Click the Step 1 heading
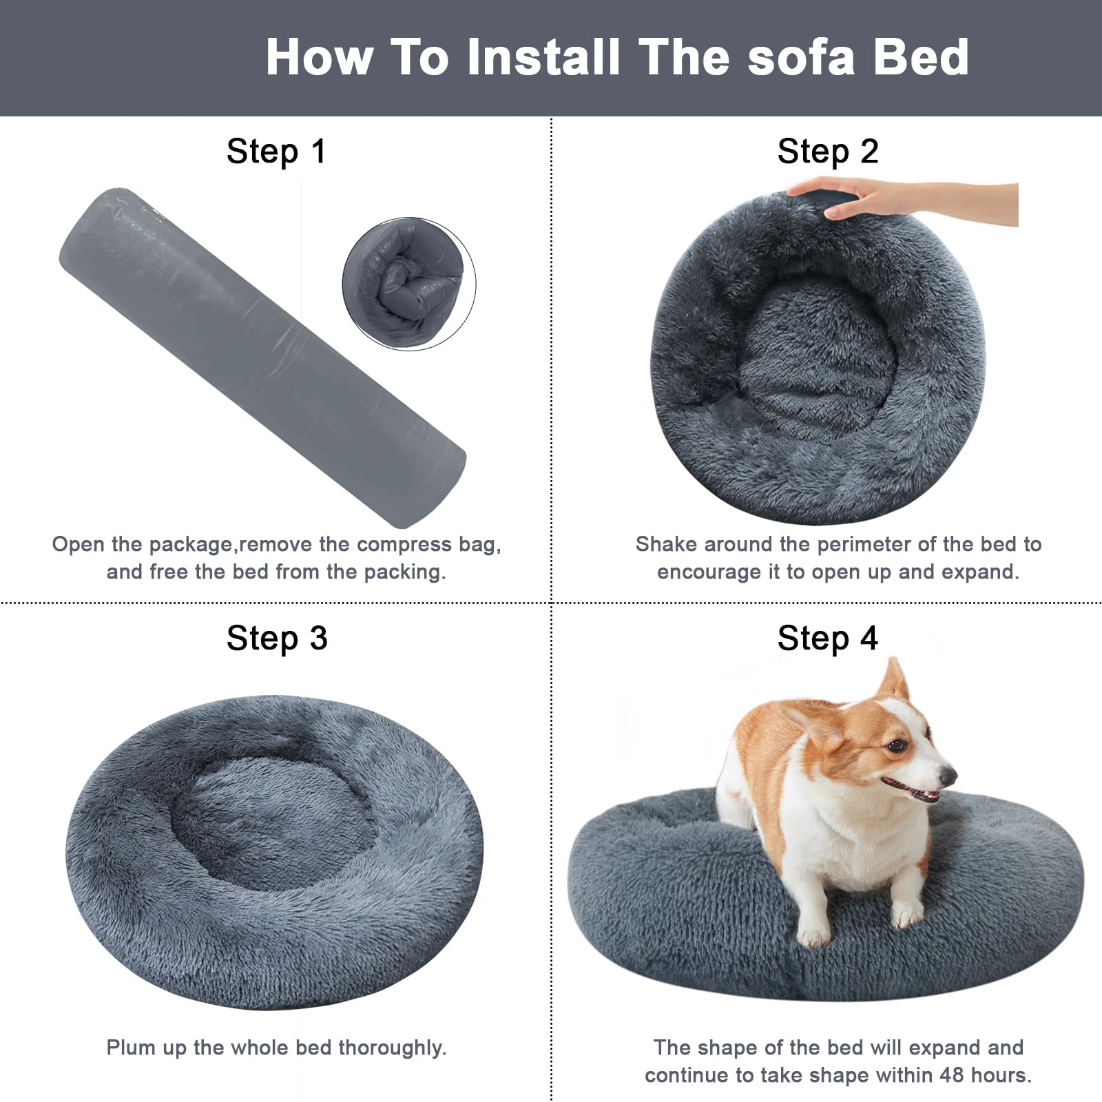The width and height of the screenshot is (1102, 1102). (275, 152)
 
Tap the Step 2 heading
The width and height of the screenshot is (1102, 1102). (827, 152)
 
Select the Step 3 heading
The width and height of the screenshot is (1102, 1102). (276, 638)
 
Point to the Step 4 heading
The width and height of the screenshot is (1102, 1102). (827, 638)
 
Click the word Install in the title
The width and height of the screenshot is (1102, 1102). (543, 56)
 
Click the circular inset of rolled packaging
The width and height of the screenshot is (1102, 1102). (409, 283)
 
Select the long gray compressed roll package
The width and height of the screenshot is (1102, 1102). (262, 355)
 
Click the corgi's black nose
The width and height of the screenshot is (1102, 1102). (948, 776)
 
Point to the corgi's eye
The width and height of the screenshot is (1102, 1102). (895, 745)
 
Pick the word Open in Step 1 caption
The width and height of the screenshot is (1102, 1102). (77, 544)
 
